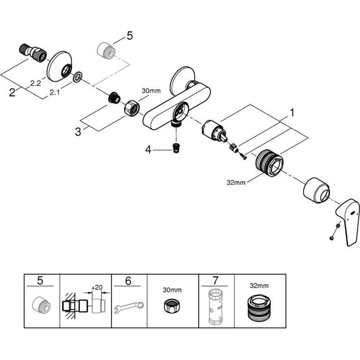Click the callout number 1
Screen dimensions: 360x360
tap(292, 113)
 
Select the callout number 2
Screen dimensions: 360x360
tap(12, 93)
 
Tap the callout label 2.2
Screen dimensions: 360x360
tap(35, 84)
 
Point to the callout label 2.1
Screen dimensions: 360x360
tap(54, 93)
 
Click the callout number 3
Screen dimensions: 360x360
tap(78, 132)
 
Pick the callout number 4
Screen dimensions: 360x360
tap(148, 149)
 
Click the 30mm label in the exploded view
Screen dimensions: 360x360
tap(151, 91)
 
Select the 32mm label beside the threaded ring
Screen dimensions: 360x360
tap(236, 183)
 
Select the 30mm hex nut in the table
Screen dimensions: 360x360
tap(172, 307)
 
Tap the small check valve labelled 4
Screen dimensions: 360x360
tap(176, 148)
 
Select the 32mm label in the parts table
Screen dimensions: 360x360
tap(260, 286)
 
